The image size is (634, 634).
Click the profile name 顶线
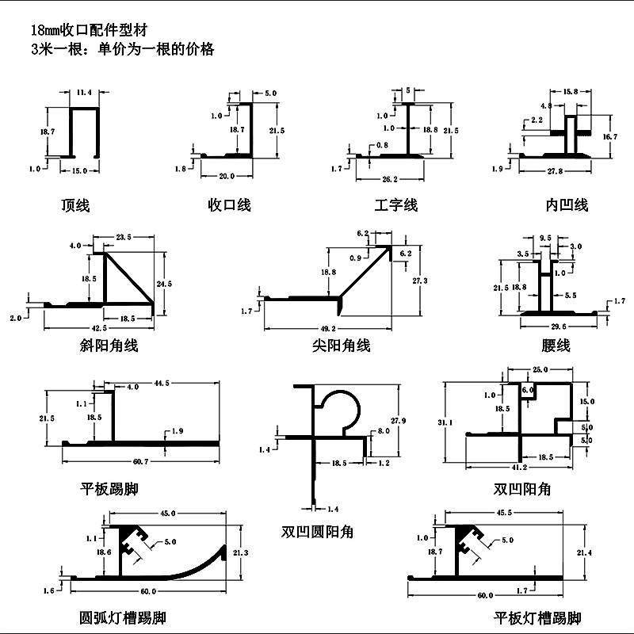click(75, 206)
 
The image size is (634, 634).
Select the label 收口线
click(229, 205)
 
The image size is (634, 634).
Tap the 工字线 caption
click(396, 206)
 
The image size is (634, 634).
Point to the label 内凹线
click(567, 206)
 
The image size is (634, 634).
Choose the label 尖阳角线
click(341, 346)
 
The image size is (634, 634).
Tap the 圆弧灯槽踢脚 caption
click(123, 617)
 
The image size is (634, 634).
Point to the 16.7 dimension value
click(609, 137)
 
